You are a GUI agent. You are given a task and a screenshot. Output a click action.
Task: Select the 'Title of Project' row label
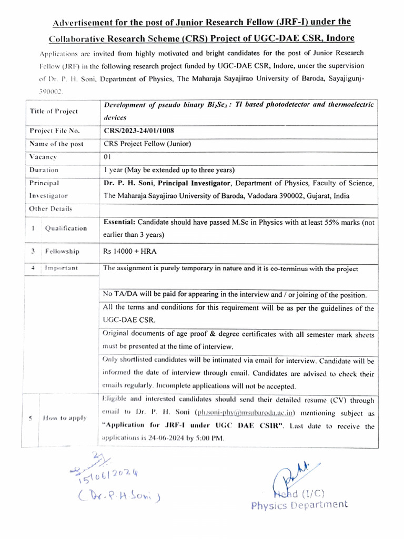(54, 111)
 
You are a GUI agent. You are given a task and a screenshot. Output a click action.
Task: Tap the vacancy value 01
(107, 156)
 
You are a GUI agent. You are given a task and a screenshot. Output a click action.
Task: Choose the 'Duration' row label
(44, 170)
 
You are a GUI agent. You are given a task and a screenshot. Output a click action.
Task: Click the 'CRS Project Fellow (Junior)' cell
(147, 143)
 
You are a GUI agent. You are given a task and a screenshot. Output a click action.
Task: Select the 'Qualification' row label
(66, 228)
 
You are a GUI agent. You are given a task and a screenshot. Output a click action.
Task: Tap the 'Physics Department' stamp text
(299, 505)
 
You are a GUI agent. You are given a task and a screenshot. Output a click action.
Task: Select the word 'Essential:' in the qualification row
(119, 222)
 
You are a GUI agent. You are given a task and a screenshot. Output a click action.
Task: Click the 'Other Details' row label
(51, 208)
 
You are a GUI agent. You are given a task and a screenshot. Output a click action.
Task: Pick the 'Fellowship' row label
(62, 252)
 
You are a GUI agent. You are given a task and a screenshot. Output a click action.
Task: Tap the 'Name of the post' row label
(54, 144)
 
